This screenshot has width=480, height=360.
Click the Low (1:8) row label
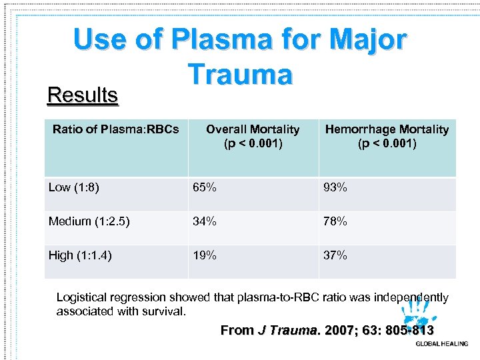click(74, 187)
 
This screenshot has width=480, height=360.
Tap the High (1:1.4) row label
click(80, 255)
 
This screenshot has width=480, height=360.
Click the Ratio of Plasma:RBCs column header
click(115, 129)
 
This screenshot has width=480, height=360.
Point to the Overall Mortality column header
click(253, 136)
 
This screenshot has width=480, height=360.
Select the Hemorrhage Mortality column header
click(387, 136)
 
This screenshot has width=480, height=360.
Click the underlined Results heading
click(83, 95)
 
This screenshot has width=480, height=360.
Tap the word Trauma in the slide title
click(240, 74)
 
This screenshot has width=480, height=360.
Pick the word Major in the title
click(366, 40)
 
